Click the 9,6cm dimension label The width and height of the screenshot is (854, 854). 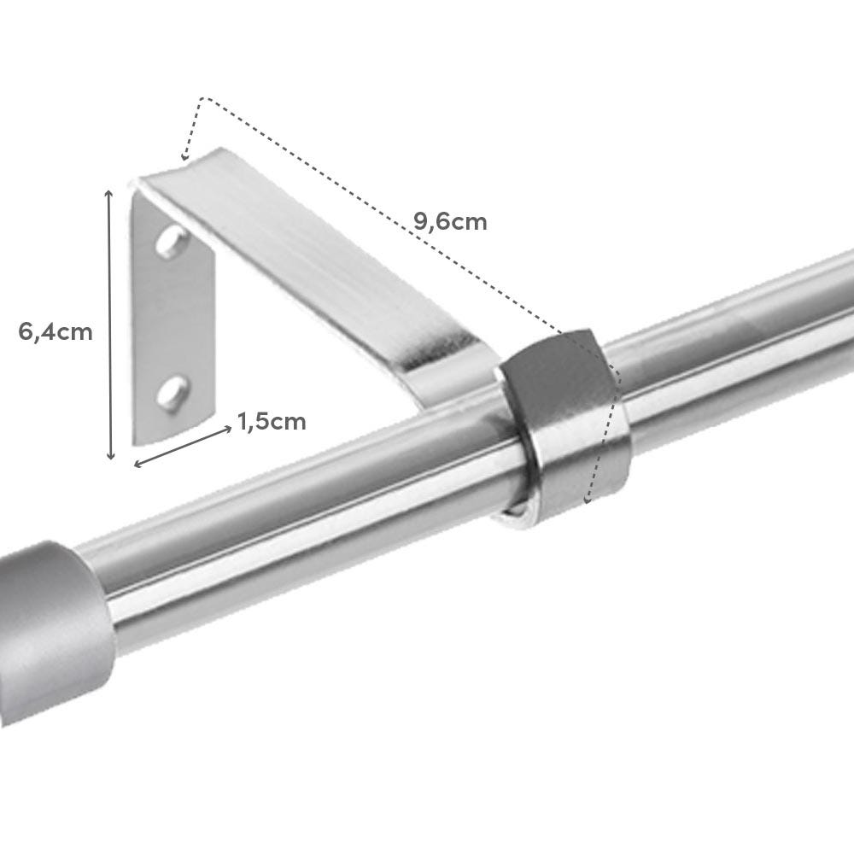point(450,222)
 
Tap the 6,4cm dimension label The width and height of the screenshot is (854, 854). point(56,331)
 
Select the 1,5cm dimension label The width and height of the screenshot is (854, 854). point(272,421)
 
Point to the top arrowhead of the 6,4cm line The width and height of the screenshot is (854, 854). point(110,195)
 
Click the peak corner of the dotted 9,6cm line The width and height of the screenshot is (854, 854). point(202,99)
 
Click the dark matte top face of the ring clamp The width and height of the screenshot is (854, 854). point(555,376)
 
